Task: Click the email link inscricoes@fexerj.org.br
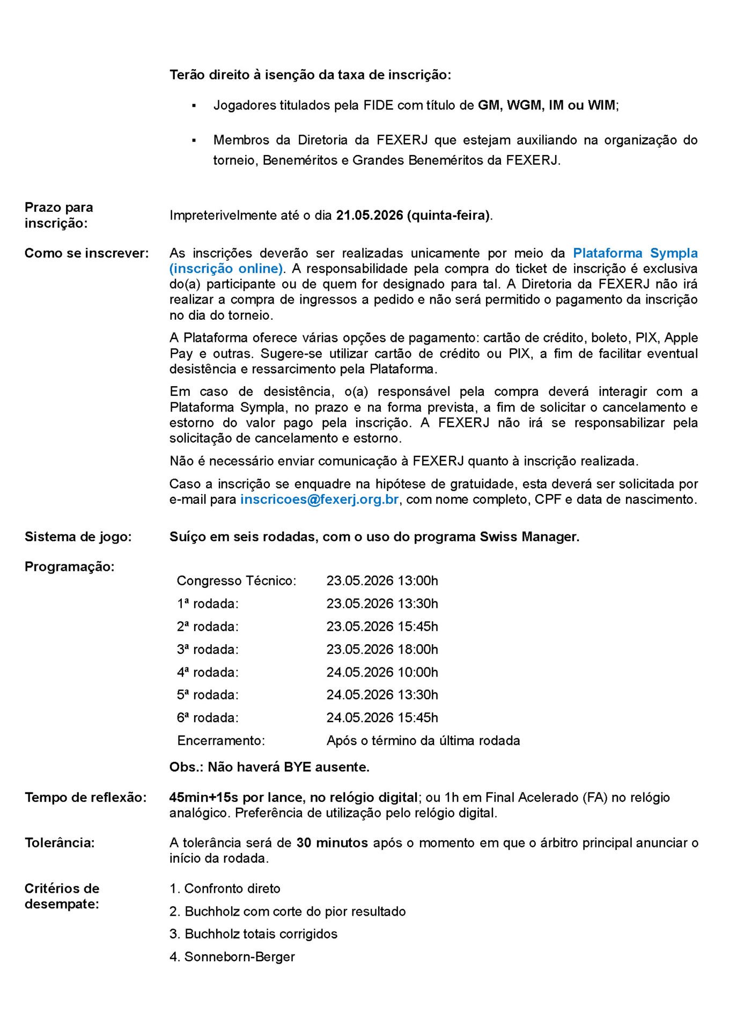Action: [319, 499]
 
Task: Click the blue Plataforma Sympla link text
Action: [635, 253]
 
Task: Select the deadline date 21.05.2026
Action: [369, 216]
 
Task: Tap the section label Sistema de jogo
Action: [78, 536]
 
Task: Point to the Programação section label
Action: [70, 566]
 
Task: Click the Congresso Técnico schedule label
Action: [236, 581]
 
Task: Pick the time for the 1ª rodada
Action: [382, 604]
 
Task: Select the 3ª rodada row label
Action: [208, 650]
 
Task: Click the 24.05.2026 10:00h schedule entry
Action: [382, 673]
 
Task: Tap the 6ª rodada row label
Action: [208, 718]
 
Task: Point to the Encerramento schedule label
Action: [221, 741]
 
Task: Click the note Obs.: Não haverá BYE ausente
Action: [269, 767]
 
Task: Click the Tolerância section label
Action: [60, 843]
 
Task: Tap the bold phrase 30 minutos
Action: [332, 843]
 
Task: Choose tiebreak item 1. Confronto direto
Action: [225, 889]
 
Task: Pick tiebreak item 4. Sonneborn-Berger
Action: [232, 957]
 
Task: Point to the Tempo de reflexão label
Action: [85, 798]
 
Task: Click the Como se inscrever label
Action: [86, 253]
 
